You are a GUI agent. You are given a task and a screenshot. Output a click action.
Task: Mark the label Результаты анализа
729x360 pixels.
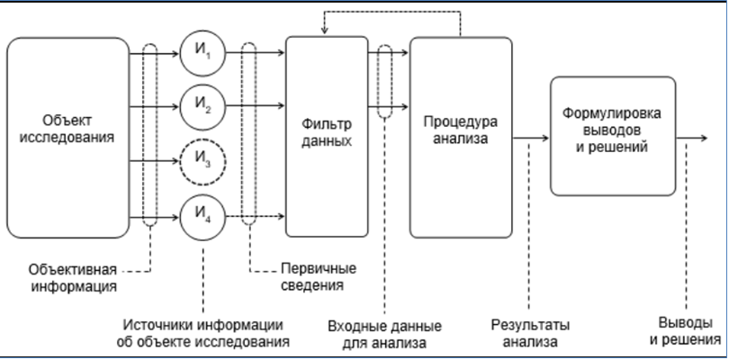point(531,333)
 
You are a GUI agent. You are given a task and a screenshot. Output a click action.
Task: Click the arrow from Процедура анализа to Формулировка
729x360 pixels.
point(531,139)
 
